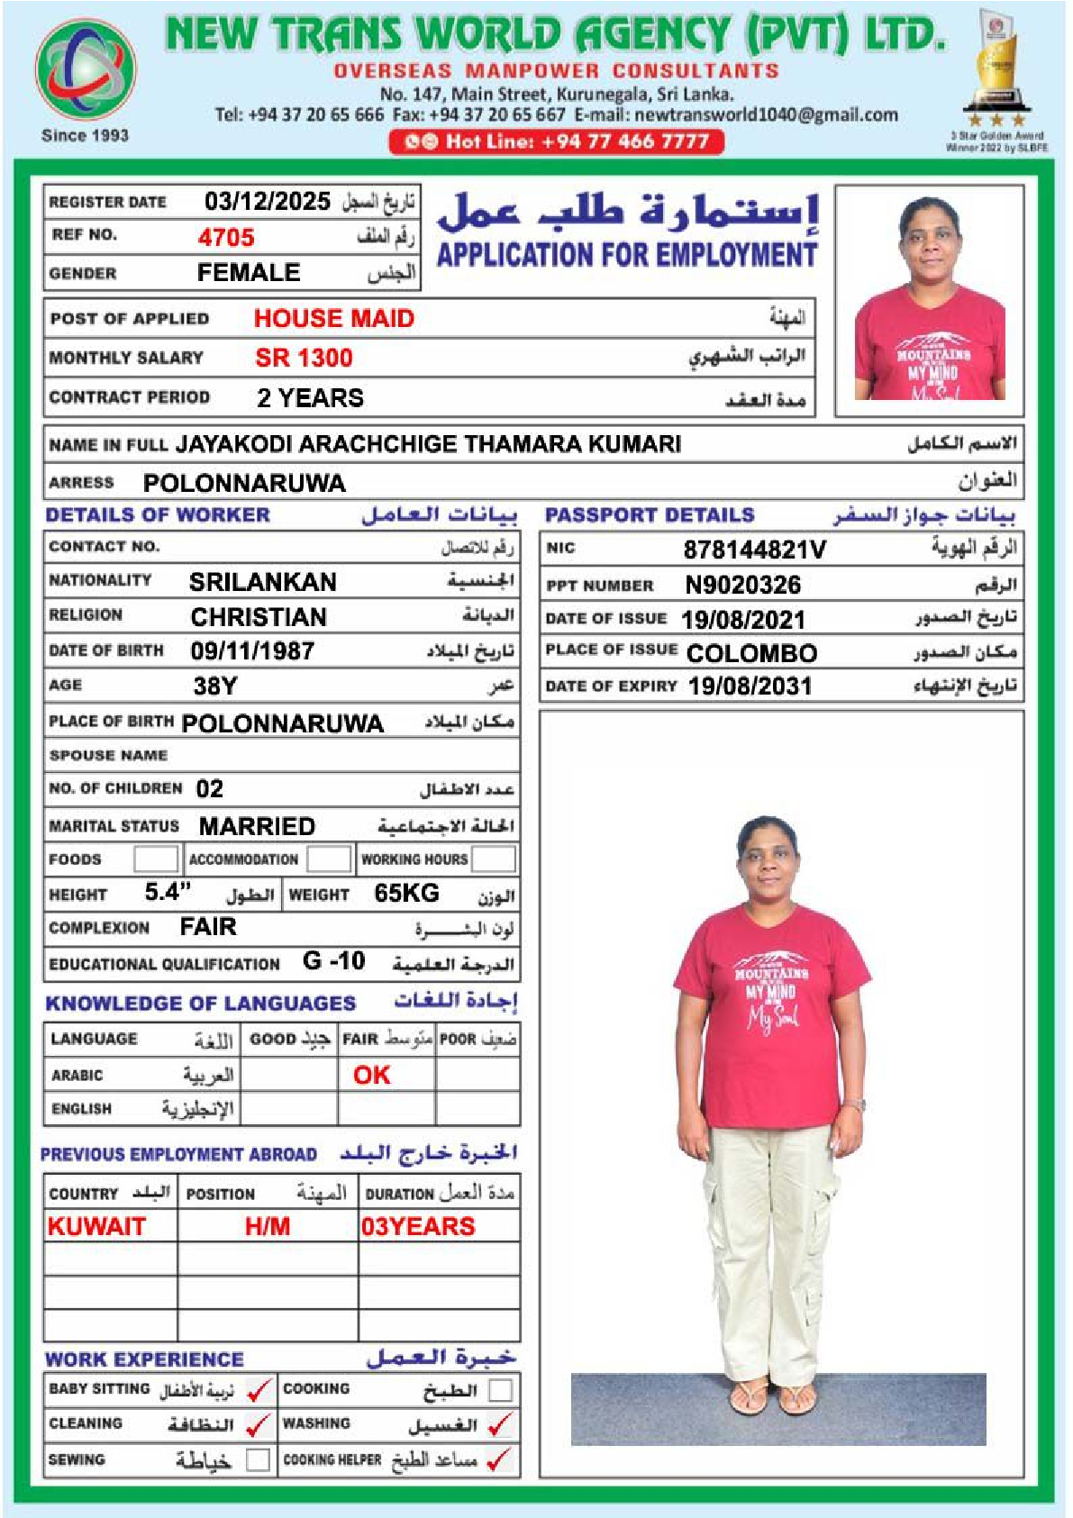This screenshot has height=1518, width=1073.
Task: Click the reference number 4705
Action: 226,237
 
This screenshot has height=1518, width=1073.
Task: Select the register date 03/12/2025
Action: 267,201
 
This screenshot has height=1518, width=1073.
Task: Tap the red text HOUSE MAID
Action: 333,318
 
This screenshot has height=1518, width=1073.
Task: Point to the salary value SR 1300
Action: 304,358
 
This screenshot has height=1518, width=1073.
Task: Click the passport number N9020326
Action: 742,586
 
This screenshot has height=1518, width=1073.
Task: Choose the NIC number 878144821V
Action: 754,550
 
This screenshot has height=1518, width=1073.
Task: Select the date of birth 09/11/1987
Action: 252,650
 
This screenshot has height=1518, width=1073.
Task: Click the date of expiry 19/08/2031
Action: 750,686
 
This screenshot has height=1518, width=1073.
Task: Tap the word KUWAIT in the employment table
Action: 96,1226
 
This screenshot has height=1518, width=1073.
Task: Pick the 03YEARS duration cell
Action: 418,1226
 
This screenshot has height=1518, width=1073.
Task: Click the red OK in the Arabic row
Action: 372,1075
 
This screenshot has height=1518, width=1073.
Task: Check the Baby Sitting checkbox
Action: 259,1390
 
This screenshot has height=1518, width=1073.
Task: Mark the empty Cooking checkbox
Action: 500,1390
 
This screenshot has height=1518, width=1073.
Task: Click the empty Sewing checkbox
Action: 259,1459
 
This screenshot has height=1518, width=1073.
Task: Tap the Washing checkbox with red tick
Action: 500,1424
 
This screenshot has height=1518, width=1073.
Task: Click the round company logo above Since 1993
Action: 86,70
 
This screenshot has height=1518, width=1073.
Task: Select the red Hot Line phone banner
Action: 556,141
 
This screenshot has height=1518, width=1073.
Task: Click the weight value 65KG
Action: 406,893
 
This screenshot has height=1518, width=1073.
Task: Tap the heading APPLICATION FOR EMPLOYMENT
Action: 627,255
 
